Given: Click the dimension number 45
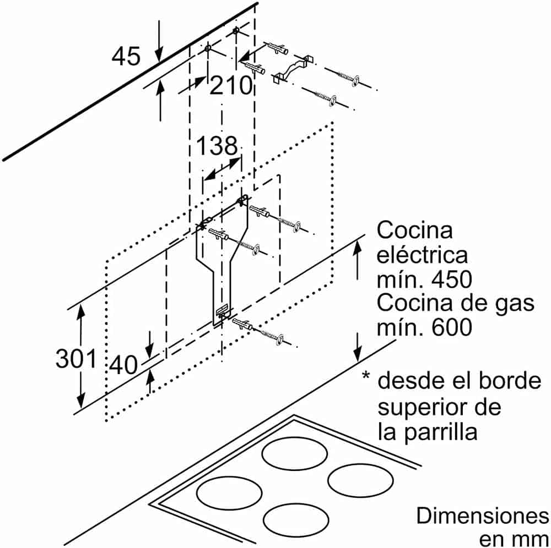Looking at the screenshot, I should coord(126,56).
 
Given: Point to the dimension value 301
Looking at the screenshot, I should coord(75,359).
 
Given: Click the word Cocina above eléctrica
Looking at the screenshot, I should coord(415,230).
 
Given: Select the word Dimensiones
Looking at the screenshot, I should coord(483,516).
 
